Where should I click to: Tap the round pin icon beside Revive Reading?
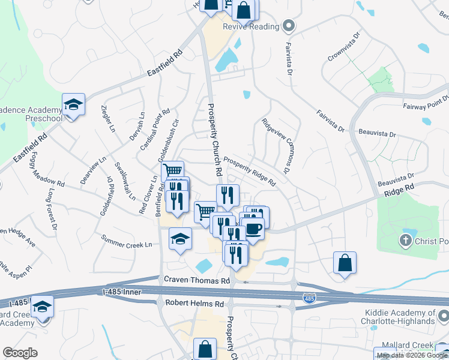click(289, 26)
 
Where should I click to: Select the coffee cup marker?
click(253, 229)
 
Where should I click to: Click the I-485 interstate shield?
click(308, 298)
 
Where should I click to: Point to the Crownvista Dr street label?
click(343, 46)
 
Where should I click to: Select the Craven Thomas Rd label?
click(197, 280)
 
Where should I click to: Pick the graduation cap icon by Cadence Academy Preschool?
click(73, 106)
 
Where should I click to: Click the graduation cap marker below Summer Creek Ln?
click(180, 239)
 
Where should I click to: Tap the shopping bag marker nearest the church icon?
click(345, 263)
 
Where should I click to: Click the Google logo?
click(20, 352)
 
